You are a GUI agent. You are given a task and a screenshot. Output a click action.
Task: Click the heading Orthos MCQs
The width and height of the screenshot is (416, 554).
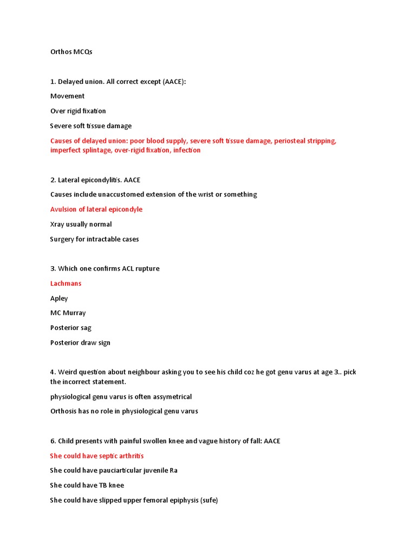point(71,52)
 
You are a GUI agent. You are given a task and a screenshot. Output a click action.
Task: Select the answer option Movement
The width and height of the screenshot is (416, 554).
point(67,96)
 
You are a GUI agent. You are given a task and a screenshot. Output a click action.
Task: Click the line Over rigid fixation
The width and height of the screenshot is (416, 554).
point(78,111)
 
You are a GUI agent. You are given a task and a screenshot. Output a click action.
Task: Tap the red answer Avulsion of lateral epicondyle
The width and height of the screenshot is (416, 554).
point(96,209)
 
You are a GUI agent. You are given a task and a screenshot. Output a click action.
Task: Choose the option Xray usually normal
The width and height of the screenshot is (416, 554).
point(81,224)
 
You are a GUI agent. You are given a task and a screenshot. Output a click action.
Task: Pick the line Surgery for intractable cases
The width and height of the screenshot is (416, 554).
point(94,239)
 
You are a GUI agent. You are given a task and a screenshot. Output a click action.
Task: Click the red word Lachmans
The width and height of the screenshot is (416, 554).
point(66,283)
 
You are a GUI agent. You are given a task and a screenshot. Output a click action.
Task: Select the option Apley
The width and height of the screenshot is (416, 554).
point(59,298)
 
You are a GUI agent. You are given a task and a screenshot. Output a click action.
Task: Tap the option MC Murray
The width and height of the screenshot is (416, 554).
point(68,313)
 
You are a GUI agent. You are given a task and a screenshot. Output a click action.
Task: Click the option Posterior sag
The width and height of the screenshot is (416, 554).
point(71,328)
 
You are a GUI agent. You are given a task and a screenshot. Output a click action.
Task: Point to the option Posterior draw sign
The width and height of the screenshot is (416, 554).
point(80,342)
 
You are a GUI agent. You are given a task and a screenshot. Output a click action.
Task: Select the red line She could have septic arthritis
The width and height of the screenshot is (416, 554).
point(96,456)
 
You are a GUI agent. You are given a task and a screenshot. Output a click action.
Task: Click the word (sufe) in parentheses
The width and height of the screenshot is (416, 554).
point(209,500)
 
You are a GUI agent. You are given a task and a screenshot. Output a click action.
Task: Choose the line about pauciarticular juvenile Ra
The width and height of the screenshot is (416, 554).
point(114,471)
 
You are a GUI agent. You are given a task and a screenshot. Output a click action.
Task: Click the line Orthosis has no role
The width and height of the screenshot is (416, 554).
point(124,411)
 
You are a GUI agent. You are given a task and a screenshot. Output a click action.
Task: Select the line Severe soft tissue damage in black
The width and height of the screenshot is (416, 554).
point(91,126)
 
